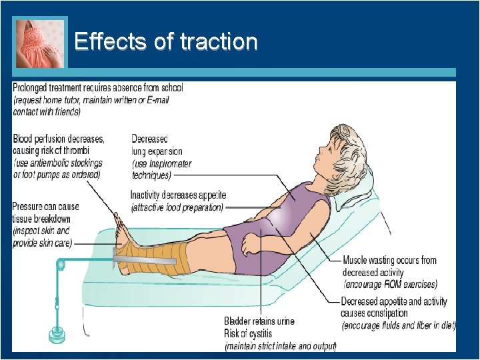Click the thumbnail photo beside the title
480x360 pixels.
click(x=41, y=43)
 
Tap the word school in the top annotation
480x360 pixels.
click(x=170, y=87)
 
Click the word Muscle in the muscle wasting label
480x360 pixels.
click(x=356, y=260)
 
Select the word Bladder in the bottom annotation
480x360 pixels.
click(x=239, y=321)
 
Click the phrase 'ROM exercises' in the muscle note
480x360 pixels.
click(x=409, y=284)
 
